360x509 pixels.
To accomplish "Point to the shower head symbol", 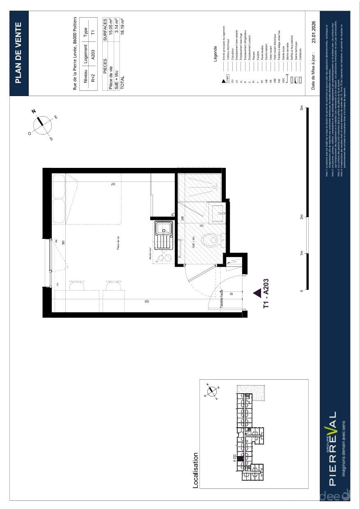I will point(214,187).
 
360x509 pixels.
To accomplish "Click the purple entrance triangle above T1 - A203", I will point(257,293).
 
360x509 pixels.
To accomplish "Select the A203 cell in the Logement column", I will point(93,55).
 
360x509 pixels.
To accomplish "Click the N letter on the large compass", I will point(34,111).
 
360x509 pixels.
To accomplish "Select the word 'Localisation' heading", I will point(195,470).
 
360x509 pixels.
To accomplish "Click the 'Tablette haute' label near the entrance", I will point(222,299).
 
